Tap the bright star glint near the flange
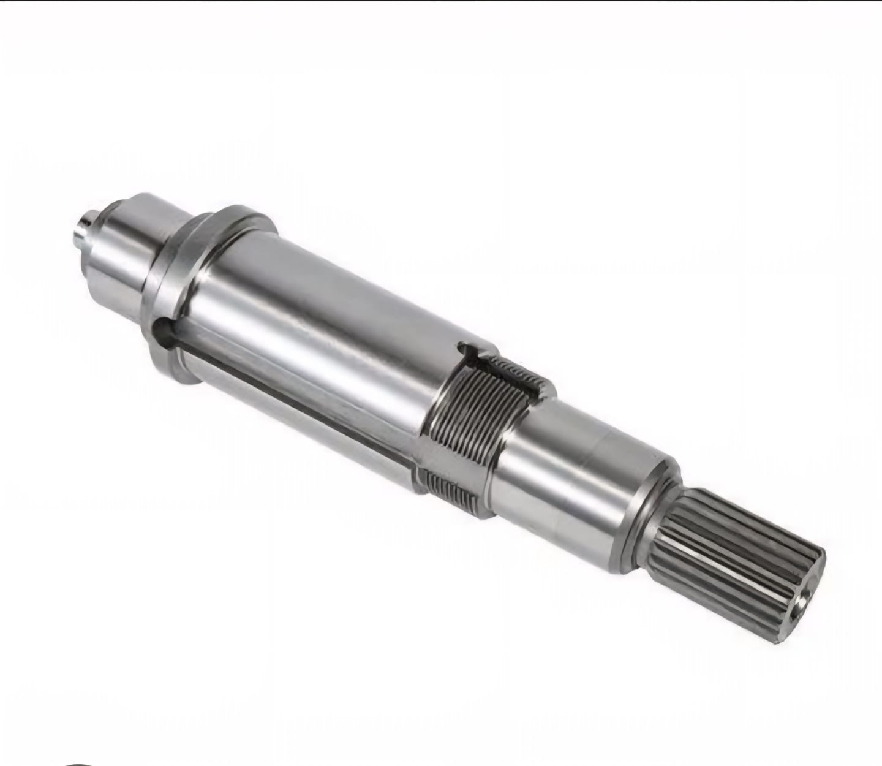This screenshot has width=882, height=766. (x=205, y=276)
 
